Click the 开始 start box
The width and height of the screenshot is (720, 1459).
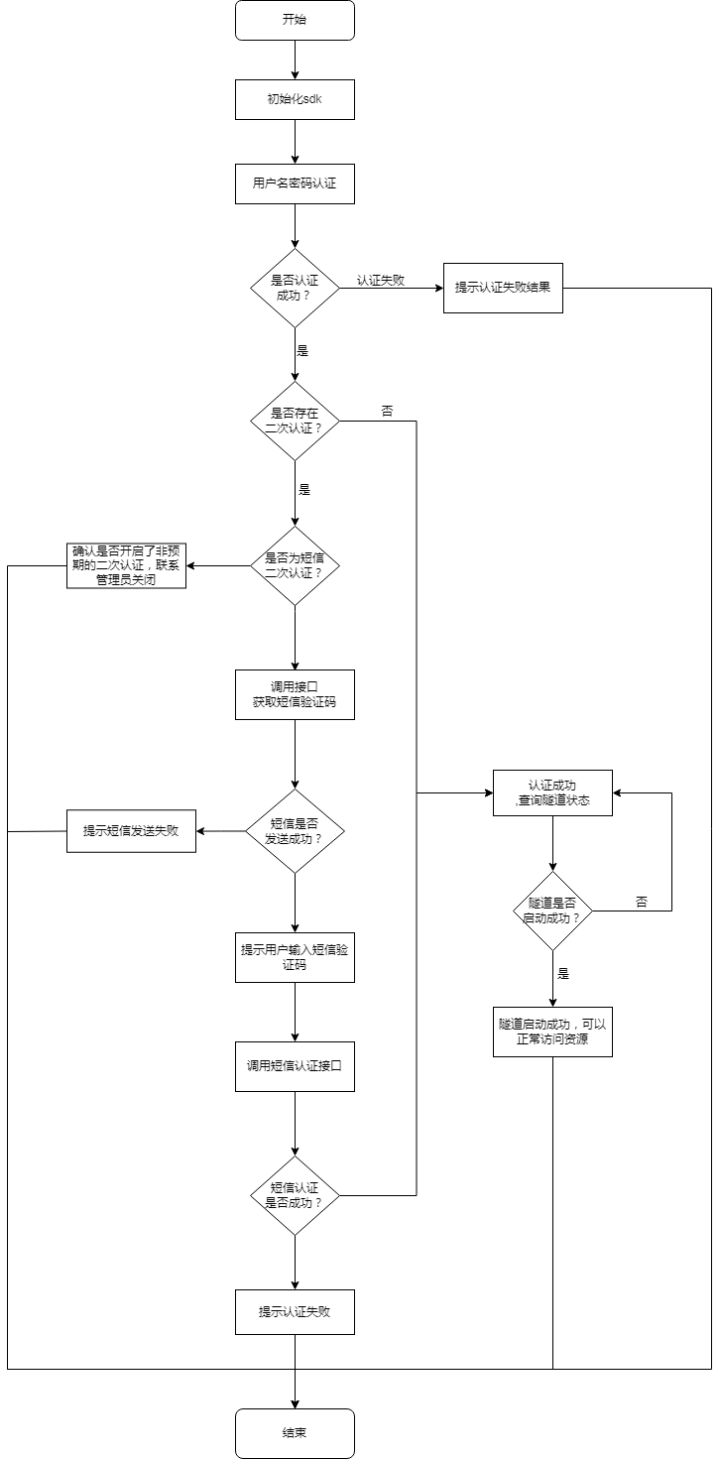point(295,20)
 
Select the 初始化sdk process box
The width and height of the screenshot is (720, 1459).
point(295,99)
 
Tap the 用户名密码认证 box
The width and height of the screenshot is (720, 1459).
point(295,183)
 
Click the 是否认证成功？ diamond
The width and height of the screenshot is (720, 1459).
point(295,288)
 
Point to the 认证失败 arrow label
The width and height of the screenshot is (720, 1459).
point(381,281)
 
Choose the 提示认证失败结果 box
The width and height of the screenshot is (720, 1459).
point(503,288)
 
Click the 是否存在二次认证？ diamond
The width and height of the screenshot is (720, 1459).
point(295,421)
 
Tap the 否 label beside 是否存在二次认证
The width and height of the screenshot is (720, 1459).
point(387,410)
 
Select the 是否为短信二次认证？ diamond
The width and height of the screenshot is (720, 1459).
point(295,565)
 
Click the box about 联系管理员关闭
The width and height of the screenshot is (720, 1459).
point(126,565)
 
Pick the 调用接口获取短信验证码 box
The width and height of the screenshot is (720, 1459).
point(295,694)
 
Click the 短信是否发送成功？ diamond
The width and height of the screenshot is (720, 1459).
point(295,831)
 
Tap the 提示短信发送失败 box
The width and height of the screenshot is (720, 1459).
point(131,831)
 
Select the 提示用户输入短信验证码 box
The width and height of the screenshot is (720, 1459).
point(295,957)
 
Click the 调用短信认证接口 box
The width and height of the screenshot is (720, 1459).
point(295,1066)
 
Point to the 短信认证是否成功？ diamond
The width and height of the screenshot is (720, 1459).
point(295,1195)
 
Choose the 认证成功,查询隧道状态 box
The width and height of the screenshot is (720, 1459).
point(552,792)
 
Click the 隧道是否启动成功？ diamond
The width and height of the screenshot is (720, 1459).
point(552,911)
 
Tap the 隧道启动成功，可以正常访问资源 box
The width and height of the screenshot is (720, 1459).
point(552,1032)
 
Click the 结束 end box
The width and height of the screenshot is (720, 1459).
point(295,1433)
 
